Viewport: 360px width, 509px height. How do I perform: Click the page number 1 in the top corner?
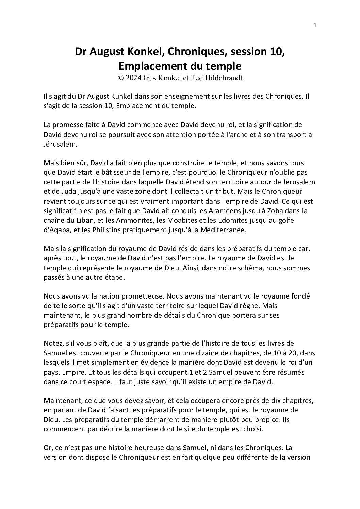[315, 25]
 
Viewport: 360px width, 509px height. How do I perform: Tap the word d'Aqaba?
[56, 230]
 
